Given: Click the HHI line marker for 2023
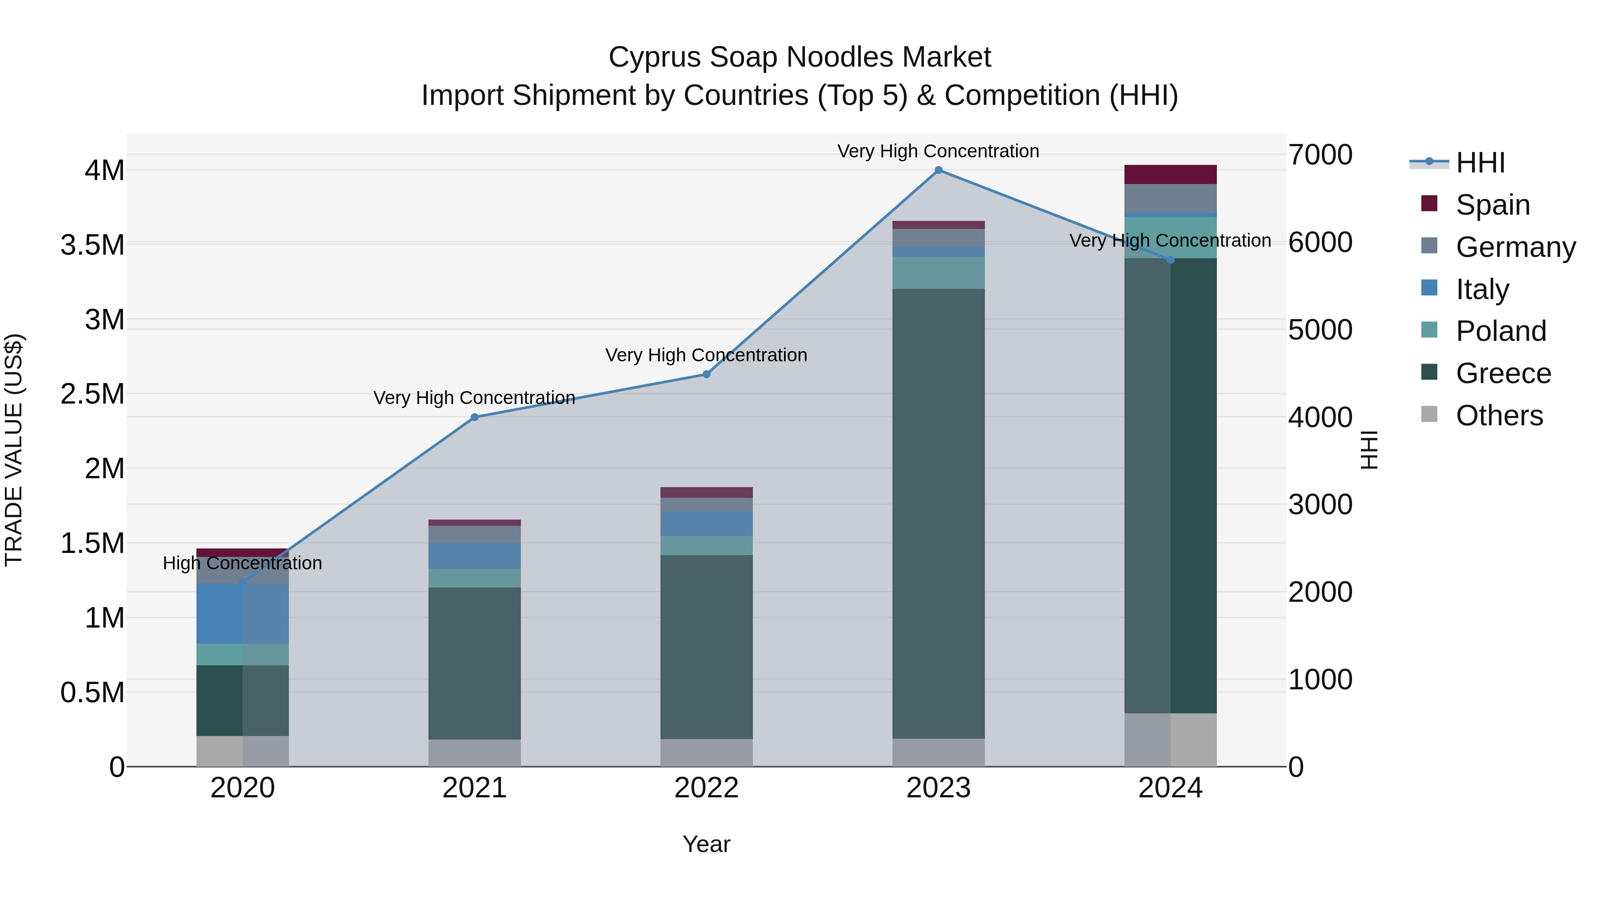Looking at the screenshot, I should [938, 170].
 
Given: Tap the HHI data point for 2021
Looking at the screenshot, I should [475, 417].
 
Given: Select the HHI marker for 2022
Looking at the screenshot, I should [706, 375].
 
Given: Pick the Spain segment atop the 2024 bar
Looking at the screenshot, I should [1170, 175].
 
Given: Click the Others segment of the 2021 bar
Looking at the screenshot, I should [475, 753].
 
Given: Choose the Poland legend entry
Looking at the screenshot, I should [1500, 331].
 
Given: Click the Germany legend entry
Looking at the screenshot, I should [1515, 247].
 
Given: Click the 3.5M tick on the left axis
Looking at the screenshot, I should [92, 245].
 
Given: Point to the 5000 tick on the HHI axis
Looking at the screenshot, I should [1320, 330].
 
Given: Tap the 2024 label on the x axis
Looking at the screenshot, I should [1170, 788].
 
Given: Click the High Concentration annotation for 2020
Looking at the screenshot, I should [242, 564].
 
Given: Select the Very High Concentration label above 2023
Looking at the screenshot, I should [938, 151].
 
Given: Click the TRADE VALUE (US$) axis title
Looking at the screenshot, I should [14, 450].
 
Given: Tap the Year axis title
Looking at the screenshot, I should [706, 844].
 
